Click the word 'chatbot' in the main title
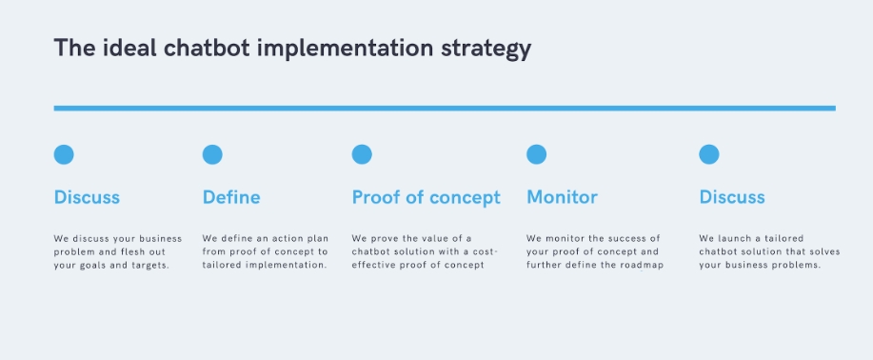tap(207, 48)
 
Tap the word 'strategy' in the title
tap(486, 50)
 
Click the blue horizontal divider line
tap(445, 109)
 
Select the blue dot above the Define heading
tap(212, 154)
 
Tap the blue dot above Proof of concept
tap(362, 154)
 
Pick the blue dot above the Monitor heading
tap(536, 154)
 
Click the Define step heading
tap(231, 197)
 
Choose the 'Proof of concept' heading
tap(426, 198)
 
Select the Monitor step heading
tap(562, 197)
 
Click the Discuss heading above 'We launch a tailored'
tap(731, 197)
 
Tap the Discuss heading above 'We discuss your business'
tap(87, 197)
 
